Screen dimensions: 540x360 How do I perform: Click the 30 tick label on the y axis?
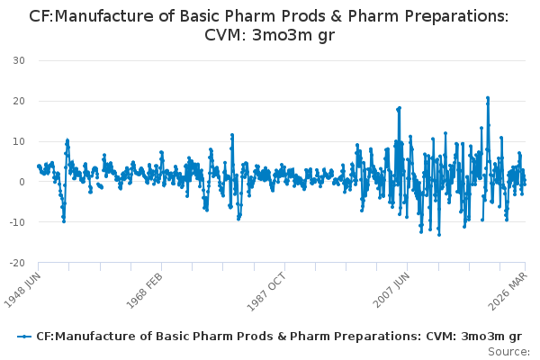[19, 60]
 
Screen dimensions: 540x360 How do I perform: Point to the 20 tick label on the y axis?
[19, 101]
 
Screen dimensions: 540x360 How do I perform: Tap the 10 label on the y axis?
[19, 141]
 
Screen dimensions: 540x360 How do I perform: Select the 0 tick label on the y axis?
[22, 182]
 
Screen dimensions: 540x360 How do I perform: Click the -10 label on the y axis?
[17, 222]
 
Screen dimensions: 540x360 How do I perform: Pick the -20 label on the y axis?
[17, 263]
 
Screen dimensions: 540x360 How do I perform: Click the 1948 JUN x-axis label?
[22, 290]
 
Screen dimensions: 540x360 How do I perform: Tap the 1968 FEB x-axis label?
[144, 291]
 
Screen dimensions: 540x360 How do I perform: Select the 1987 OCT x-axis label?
[266, 292]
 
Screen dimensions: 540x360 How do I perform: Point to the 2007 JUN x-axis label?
[391, 290]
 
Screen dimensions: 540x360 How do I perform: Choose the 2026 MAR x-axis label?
[508, 291]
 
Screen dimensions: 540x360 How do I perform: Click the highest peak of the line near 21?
[488, 98]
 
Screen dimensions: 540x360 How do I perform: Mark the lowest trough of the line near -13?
[439, 235]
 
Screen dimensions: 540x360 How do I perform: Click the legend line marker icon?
[24, 337]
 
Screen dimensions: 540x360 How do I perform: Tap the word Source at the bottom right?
[508, 352]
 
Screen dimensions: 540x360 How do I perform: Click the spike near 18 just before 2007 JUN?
[399, 108]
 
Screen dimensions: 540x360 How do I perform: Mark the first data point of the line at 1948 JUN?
[39, 166]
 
